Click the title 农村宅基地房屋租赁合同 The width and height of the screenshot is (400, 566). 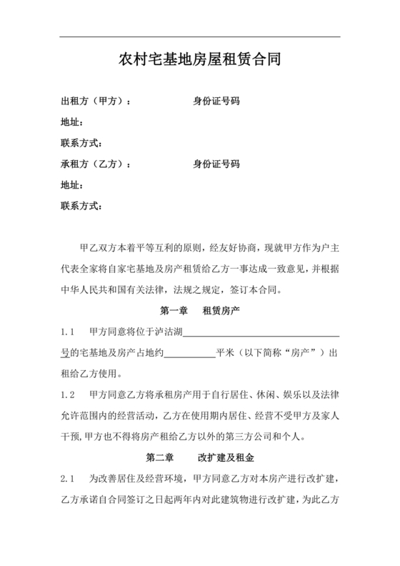pos(199,61)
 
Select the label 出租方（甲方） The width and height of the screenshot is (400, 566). pos(96,101)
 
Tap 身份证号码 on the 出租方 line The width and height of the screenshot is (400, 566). pos(216,101)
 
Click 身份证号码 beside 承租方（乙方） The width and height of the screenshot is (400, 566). pos(216,164)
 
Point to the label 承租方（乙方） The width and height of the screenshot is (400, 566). pos(96,164)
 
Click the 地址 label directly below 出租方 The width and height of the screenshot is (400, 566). pos(73,122)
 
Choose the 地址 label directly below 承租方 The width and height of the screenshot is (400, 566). pos(73,185)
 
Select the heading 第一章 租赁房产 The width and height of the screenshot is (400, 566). pos(199,312)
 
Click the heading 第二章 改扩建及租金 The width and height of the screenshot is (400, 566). pos(199,457)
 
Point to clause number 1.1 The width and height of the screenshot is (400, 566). pos(69,332)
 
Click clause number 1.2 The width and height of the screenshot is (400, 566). pos(69,394)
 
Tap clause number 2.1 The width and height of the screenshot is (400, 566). pos(69,477)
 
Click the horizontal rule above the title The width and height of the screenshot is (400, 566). pos(199,37)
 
